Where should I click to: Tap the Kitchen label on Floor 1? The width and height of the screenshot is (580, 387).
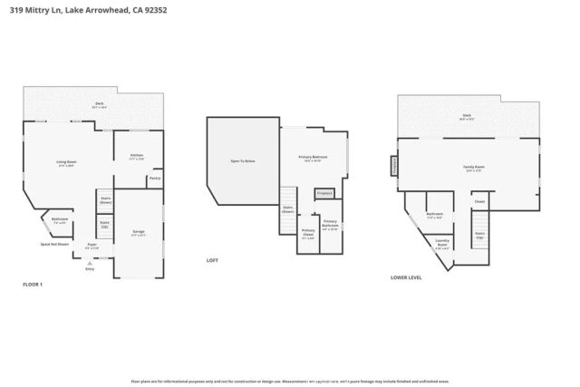pyautogui.click(x=136, y=158)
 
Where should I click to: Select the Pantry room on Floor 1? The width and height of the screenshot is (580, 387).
pyautogui.click(x=154, y=179)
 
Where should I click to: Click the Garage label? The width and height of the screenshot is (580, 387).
pyautogui.click(x=139, y=232)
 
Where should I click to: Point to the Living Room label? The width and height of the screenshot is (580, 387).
pyautogui.click(x=66, y=164)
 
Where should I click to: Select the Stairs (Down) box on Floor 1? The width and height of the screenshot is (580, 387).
pyautogui.click(x=105, y=199)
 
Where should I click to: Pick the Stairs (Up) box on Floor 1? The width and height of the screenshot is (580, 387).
pyautogui.click(x=104, y=222)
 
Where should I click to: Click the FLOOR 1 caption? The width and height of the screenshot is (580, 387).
pyautogui.click(x=33, y=285)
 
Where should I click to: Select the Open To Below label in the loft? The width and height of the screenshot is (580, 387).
pyautogui.click(x=242, y=160)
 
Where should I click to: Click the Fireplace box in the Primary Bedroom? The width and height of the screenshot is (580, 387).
pyautogui.click(x=324, y=193)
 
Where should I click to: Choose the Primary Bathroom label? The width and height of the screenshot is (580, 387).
pyautogui.click(x=331, y=224)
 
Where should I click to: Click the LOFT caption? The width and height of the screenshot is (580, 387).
pyautogui.click(x=213, y=260)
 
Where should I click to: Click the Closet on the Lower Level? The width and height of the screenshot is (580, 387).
pyautogui.click(x=479, y=201)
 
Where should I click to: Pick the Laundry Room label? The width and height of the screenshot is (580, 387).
pyautogui.click(x=442, y=243)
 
